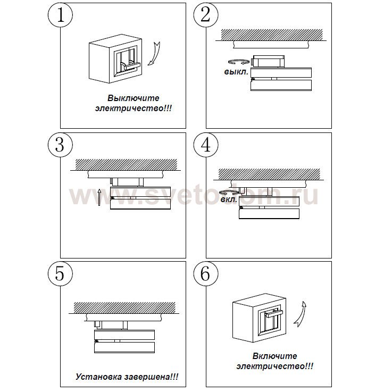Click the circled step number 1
click(x=60, y=15)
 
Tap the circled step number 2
click(x=206, y=15)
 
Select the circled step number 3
click(x=60, y=145)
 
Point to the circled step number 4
click(x=206, y=145)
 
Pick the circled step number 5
click(x=60, y=274)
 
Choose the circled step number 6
click(x=206, y=274)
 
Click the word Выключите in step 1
click(x=134, y=98)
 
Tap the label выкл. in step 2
click(x=236, y=72)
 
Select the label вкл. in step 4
click(x=229, y=200)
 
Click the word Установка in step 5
click(x=99, y=377)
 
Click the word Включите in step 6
click(x=275, y=356)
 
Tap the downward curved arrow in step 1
click(x=155, y=54)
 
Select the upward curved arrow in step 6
click(x=301, y=314)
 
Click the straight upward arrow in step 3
click(x=99, y=197)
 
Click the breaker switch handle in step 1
click(x=132, y=66)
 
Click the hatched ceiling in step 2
click(x=272, y=35)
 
